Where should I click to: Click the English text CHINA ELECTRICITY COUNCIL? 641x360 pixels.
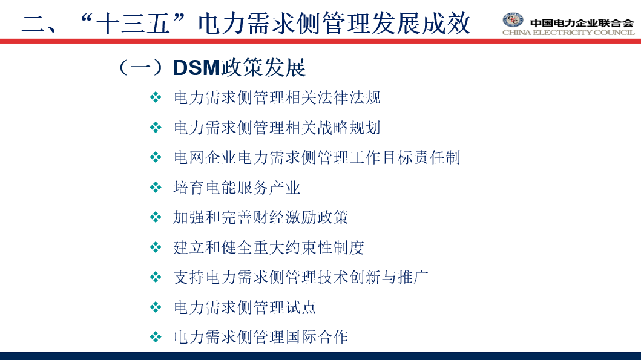tap(568, 32)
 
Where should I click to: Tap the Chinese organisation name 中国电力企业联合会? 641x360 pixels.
tap(582, 23)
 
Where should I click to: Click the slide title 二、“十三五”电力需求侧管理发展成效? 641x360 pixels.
tap(246, 23)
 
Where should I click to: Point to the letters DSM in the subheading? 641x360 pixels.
tap(197, 67)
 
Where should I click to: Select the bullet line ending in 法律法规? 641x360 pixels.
tap(277, 97)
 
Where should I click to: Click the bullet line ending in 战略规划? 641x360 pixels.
tap(277, 128)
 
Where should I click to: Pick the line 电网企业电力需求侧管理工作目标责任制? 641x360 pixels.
tap(317, 157)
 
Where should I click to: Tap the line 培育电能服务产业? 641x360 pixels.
tap(237, 188)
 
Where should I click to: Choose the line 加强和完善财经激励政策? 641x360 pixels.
tap(261, 217)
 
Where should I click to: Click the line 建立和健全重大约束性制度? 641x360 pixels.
tap(269, 247)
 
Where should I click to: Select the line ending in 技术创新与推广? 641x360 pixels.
tap(301, 278)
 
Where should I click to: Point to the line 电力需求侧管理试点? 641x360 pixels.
tap(245, 307)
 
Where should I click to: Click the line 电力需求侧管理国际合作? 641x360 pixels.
tap(261, 337)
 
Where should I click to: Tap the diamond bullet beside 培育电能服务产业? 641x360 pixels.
tap(156, 188)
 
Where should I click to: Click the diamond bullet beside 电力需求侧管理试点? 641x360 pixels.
tap(156, 307)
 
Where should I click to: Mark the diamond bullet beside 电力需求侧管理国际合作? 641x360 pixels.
tap(156, 337)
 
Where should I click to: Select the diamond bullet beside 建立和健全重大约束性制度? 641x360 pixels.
tap(156, 247)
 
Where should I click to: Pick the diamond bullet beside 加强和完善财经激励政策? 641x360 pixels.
tap(156, 217)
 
